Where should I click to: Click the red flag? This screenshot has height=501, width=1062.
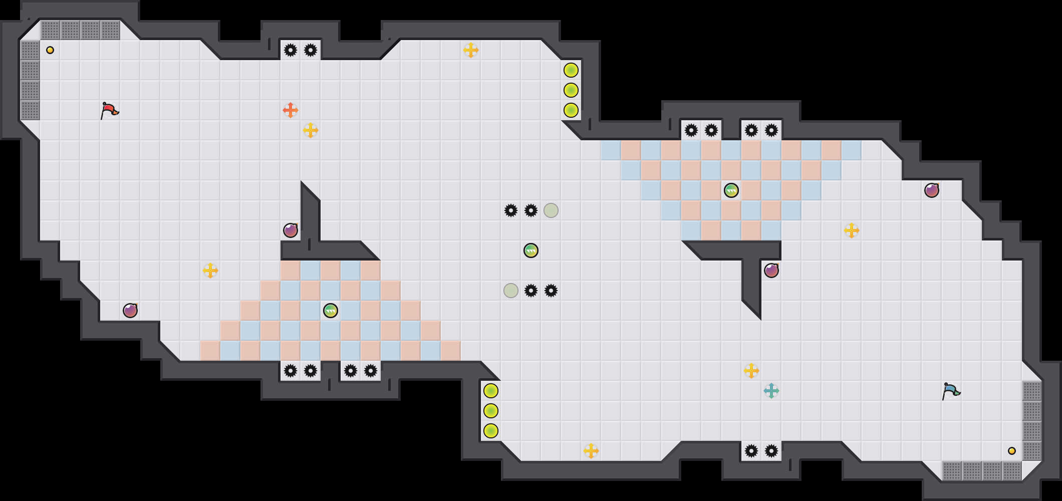point(109,110)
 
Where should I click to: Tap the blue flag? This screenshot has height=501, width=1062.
point(950,391)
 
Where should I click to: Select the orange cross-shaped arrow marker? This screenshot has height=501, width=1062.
point(291,110)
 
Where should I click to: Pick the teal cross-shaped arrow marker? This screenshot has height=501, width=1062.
point(771,391)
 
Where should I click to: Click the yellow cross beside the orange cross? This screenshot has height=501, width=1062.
point(311,130)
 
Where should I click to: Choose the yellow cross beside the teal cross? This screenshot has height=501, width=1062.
point(751,371)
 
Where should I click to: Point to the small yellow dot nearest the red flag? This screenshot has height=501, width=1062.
point(50,50)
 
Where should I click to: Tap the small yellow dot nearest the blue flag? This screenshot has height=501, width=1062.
point(1012,451)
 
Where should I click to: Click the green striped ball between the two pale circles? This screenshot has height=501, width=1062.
point(531,250)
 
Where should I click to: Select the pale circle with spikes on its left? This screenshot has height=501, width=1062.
point(551,210)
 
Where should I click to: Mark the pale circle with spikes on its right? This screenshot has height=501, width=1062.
point(511,291)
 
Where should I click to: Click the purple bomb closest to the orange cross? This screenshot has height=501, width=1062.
point(291,230)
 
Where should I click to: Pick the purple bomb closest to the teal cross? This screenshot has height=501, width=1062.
point(771,271)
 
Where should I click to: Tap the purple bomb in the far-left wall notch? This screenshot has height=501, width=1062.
point(130,311)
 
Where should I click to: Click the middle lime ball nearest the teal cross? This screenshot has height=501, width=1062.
point(491,411)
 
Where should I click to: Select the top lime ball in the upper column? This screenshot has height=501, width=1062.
point(571,70)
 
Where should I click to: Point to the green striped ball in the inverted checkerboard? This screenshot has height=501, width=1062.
point(731,190)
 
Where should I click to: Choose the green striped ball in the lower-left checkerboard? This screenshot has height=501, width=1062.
point(331,311)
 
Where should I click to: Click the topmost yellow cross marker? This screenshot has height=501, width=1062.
point(471,50)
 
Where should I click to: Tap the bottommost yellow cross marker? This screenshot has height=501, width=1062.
point(591,451)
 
